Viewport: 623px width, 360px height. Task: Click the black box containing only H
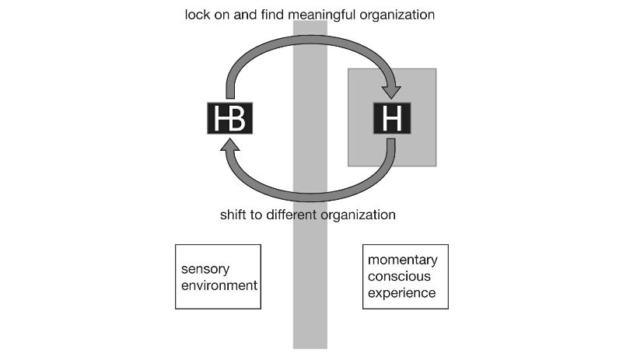tap(391, 118)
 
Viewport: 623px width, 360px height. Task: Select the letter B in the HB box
tap(237, 118)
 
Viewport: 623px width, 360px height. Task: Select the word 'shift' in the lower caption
tap(235, 214)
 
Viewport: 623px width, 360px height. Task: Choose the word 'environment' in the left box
tap(219, 285)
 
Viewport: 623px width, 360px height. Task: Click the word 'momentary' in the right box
tap(402, 260)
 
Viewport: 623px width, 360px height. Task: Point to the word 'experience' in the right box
tap(401, 293)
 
